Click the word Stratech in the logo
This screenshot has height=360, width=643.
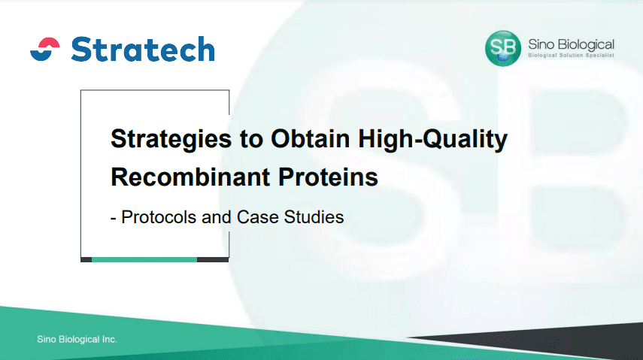(x=143, y=49)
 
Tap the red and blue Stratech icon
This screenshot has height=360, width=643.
(x=45, y=49)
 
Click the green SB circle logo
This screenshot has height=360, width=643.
(x=503, y=48)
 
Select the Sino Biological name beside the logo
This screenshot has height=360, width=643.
(x=572, y=44)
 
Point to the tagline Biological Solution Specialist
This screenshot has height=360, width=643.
(x=572, y=56)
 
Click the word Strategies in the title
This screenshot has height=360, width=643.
(x=171, y=139)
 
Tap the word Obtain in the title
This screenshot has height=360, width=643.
(x=310, y=138)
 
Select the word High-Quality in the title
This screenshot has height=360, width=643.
(x=432, y=139)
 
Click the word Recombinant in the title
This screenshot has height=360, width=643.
(x=190, y=177)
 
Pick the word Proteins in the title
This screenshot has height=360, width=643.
(x=328, y=177)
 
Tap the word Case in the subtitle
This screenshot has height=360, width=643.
(x=258, y=217)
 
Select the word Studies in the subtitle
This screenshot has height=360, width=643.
(x=314, y=217)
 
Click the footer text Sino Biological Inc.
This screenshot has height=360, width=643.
(x=77, y=340)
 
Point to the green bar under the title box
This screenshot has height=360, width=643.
(x=144, y=259)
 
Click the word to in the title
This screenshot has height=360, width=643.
(x=251, y=139)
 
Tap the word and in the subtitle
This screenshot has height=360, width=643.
(x=217, y=217)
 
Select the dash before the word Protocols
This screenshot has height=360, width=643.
(x=113, y=219)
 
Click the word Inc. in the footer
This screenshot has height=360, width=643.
(x=110, y=340)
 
